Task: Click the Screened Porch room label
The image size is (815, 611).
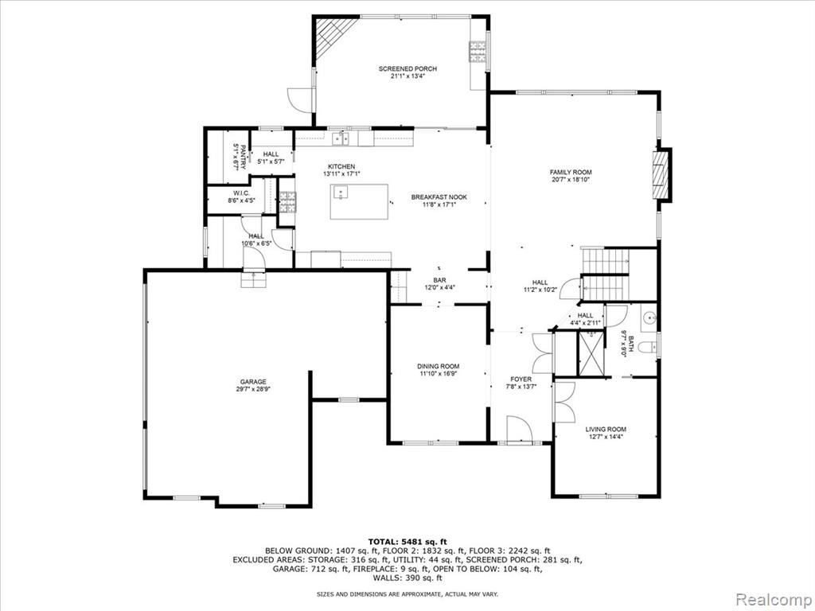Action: (x=407, y=72)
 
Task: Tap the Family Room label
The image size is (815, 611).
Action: (x=571, y=176)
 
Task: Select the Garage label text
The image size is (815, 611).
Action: (x=253, y=385)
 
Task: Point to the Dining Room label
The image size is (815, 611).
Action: (x=439, y=369)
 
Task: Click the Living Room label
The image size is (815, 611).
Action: (x=606, y=433)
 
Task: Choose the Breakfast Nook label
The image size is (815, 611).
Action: (x=439, y=200)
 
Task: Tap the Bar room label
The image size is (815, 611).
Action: (x=439, y=284)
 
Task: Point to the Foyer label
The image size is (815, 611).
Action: (x=521, y=383)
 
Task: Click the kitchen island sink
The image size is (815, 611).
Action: (x=341, y=192)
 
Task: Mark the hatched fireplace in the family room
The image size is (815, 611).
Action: (x=662, y=174)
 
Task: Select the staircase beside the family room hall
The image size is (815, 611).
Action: (x=605, y=274)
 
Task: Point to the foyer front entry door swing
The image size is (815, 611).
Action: (x=518, y=429)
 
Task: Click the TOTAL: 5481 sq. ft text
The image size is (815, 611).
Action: (x=407, y=542)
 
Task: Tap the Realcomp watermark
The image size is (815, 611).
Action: (x=774, y=599)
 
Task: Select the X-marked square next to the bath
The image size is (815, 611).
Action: (x=592, y=352)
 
